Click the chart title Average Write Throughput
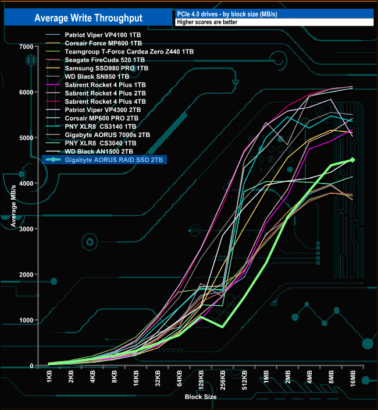click(88, 17)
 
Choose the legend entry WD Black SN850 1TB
click(97, 76)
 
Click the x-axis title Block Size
click(201, 397)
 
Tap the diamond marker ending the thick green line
click(352, 160)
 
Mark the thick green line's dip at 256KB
click(223, 327)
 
